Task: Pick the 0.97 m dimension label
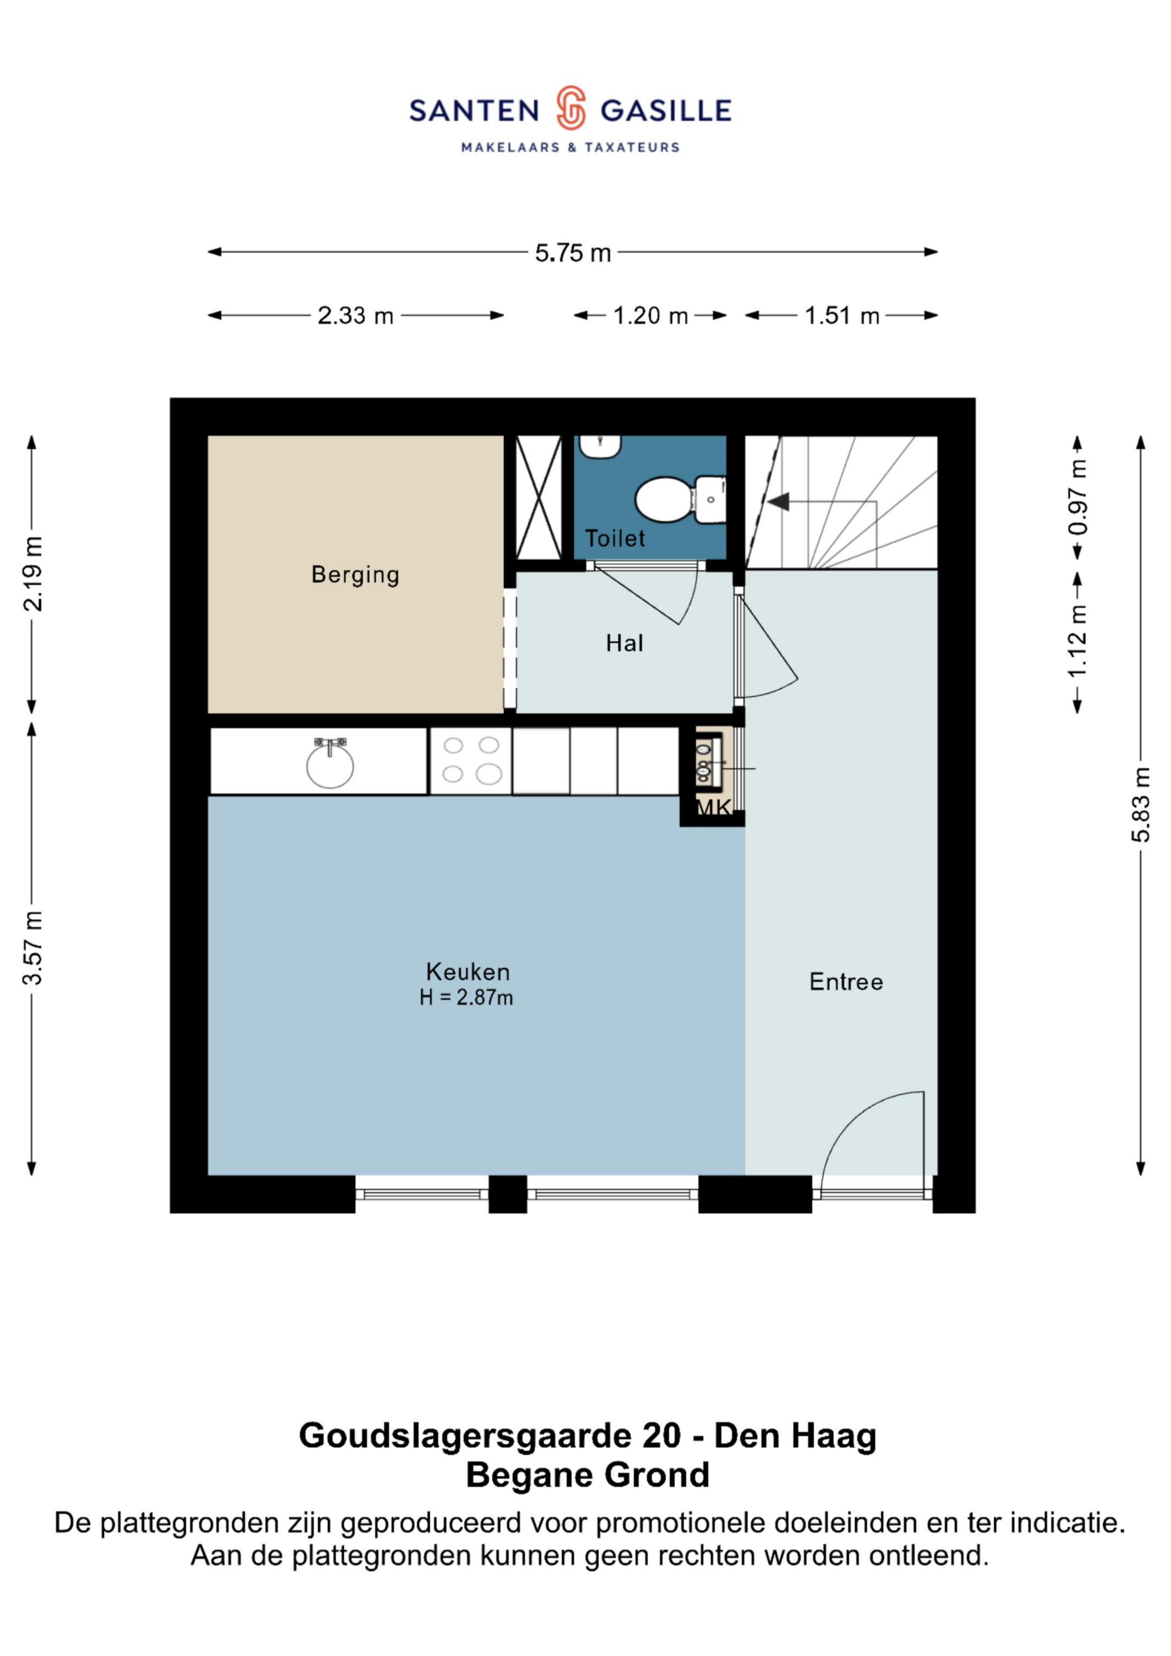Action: click(1078, 498)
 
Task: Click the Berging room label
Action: click(355, 575)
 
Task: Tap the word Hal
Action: click(624, 643)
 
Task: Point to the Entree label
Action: click(846, 982)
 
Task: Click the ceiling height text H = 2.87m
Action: click(466, 997)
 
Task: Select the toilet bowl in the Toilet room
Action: click(680, 499)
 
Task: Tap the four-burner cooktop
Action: click(471, 761)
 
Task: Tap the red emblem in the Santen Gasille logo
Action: click(570, 108)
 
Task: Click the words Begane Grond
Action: click(587, 1475)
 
